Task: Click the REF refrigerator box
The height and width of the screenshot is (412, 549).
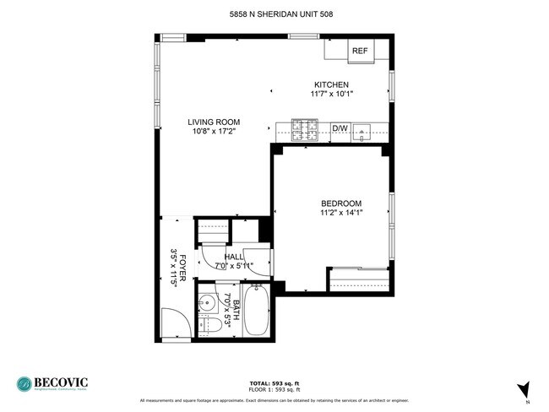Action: click(360, 51)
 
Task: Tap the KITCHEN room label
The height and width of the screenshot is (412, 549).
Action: click(331, 84)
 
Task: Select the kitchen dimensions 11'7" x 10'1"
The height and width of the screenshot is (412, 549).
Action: click(331, 95)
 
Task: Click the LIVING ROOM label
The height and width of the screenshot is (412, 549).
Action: click(213, 122)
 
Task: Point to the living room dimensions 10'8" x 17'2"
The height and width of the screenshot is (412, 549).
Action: click(213, 133)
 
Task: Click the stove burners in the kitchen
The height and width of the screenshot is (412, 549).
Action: click(304, 129)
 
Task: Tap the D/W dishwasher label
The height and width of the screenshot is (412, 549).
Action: click(340, 128)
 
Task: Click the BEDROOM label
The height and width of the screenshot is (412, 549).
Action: click(341, 203)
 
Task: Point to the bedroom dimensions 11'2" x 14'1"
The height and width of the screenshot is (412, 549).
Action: click(341, 214)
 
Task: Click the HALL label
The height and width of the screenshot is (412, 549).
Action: click(234, 257)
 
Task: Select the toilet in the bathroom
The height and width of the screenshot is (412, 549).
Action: click(212, 325)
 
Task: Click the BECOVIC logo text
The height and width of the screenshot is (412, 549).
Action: click(63, 382)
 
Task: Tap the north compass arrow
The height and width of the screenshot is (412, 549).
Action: click(525, 388)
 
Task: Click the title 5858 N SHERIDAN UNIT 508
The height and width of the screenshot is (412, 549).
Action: click(274, 14)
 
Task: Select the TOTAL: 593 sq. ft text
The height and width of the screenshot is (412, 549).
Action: click(274, 382)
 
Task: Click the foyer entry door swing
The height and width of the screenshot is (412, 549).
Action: click(171, 323)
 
